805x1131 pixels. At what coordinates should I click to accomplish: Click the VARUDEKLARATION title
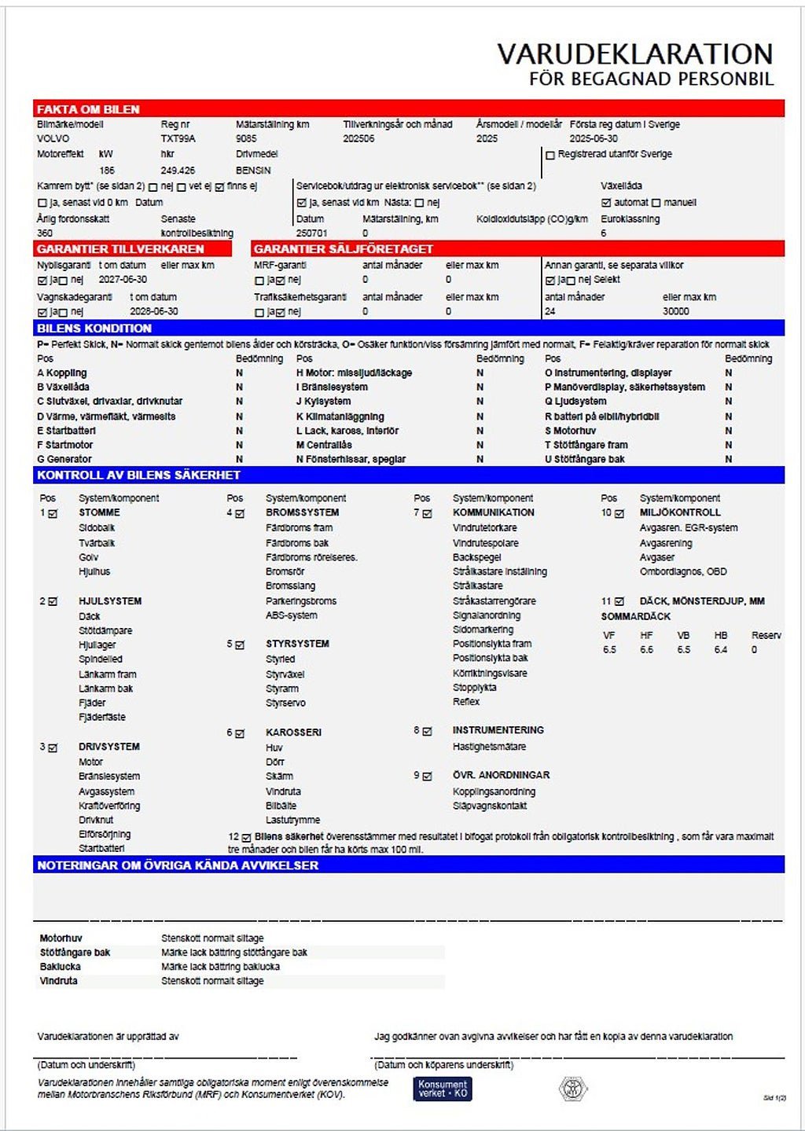click(635, 53)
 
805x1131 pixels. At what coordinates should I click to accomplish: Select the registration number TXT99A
click(178, 138)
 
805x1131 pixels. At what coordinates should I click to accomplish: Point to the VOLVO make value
click(53, 138)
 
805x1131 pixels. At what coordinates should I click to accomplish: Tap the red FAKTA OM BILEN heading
click(88, 109)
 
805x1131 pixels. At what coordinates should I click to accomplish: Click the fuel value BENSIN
click(253, 170)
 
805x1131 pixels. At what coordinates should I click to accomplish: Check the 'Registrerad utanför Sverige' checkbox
click(550, 155)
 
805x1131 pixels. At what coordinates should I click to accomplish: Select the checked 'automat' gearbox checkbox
click(606, 203)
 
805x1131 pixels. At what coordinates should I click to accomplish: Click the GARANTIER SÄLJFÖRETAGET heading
click(343, 248)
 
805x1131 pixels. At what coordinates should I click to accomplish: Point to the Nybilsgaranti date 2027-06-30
click(123, 279)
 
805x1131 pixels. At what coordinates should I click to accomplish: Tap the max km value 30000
click(675, 311)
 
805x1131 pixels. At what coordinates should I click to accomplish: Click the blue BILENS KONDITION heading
click(94, 328)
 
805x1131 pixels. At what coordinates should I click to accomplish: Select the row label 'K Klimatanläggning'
click(340, 417)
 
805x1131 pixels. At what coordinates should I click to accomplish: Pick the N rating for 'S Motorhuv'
click(728, 431)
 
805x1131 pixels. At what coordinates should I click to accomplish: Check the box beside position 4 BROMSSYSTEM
click(240, 513)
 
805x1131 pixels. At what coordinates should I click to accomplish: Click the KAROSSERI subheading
click(293, 732)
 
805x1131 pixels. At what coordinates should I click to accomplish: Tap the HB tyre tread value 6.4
click(720, 650)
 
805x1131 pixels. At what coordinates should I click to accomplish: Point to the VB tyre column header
click(683, 635)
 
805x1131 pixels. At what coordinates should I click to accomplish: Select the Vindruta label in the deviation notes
click(59, 981)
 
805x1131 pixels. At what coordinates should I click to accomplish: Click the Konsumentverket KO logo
click(443, 1089)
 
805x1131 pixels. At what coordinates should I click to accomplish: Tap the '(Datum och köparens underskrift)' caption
click(443, 1065)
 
